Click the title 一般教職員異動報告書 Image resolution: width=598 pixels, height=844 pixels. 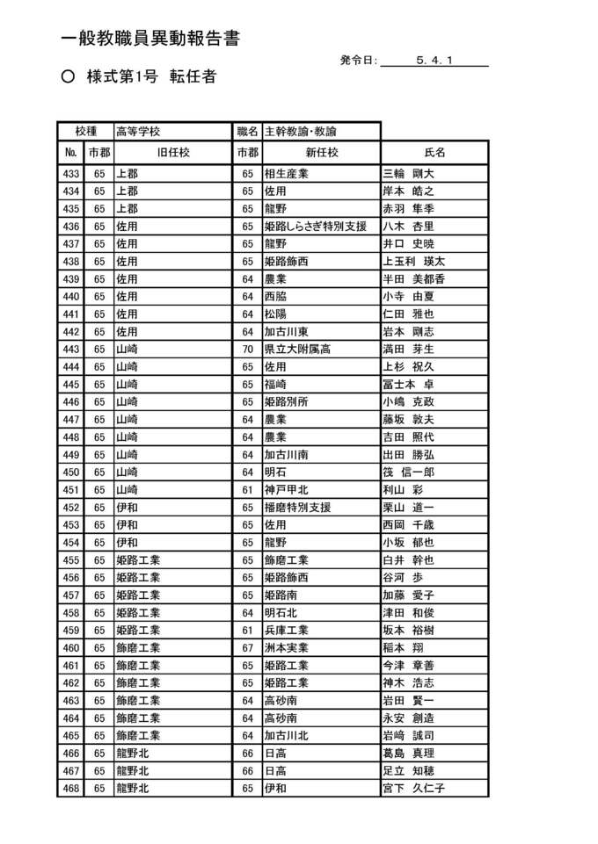[149, 40]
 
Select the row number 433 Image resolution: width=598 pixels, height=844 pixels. [71, 174]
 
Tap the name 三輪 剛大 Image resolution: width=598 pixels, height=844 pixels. [408, 174]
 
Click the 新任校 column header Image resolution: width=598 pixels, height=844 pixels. [322, 153]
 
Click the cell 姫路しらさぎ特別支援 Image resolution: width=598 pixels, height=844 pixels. [315, 227]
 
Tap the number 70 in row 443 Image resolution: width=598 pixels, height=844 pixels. [247, 350]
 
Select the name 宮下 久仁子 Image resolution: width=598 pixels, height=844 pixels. [413, 789]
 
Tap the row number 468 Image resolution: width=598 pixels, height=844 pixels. [71, 789]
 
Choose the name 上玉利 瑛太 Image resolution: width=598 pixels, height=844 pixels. [413, 262]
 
